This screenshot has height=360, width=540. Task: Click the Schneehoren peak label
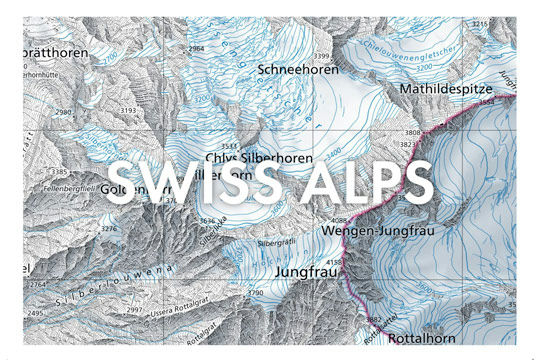[x=297, y=71]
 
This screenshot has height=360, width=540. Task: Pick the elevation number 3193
[x=128, y=110]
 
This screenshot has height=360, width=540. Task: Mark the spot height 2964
[x=196, y=48]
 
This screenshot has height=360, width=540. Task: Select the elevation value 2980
[x=65, y=113]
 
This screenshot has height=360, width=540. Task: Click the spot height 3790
[x=256, y=293]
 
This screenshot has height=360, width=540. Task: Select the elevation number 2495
[x=37, y=313]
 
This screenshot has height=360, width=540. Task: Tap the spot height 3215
[x=508, y=24]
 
